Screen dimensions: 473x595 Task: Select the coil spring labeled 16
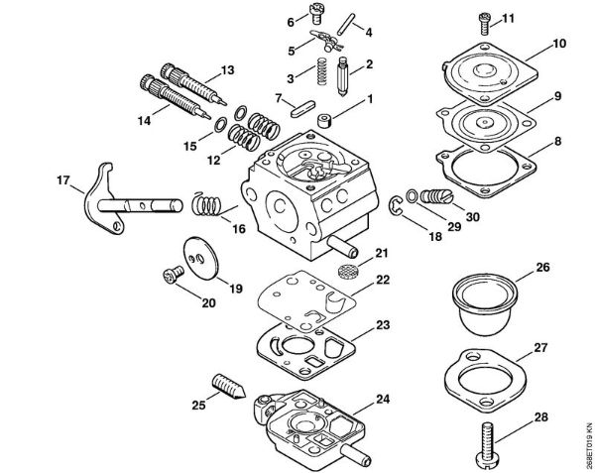point(205,207)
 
